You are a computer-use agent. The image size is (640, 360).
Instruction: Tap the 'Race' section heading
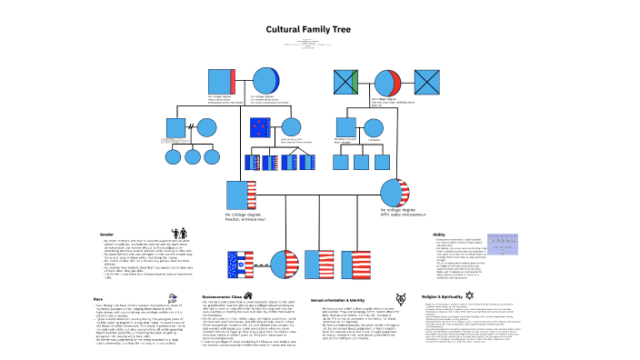pyautogui.click(x=97, y=272)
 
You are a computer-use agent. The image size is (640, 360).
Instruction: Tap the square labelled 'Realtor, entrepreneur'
pyautogui.click(x=238, y=195)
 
